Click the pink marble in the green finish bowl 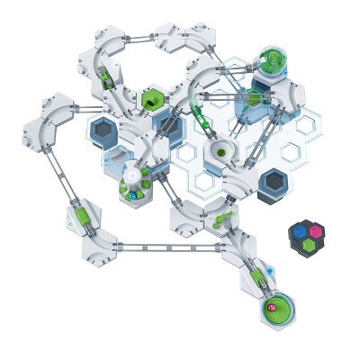tap(270, 308)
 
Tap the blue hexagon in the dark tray tap(300, 231)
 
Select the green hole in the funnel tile tap(220, 153)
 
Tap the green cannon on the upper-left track tap(107, 80)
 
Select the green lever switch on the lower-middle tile tap(220, 218)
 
